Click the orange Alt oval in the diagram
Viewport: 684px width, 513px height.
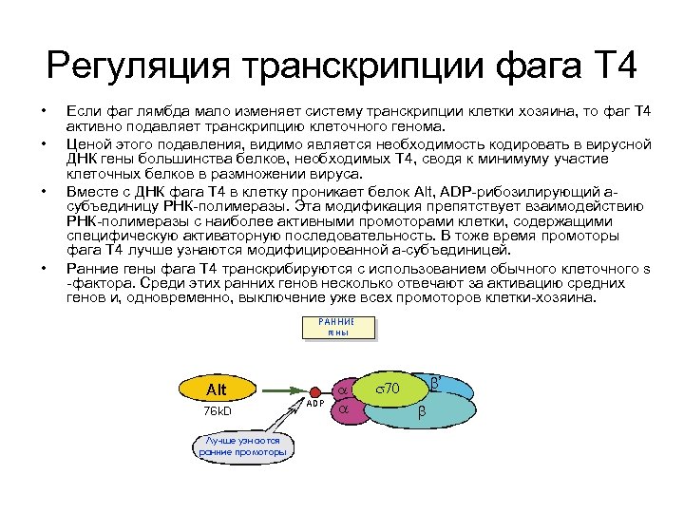click(x=217, y=389)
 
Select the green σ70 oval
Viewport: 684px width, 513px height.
click(x=389, y=388)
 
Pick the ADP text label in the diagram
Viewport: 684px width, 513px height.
click(x=315, y=404)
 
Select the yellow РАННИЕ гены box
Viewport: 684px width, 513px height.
click(x=338, y=328)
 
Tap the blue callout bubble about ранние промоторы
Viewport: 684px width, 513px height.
click(x=242, y=446)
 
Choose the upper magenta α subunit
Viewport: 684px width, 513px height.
click(x=343, y=390)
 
